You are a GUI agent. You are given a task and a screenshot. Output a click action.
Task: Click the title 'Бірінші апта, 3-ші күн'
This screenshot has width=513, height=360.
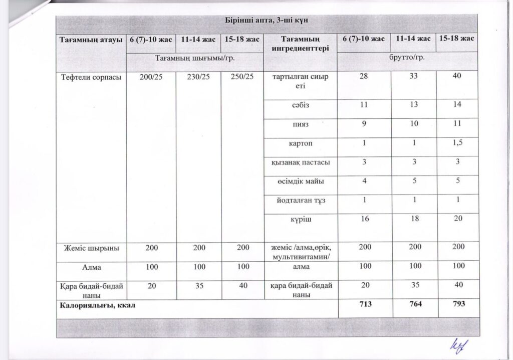(265, 21)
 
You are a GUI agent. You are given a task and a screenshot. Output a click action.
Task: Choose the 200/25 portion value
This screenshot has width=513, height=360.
(150, 78)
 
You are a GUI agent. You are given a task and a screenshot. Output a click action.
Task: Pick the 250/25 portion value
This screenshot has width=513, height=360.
(242, 78)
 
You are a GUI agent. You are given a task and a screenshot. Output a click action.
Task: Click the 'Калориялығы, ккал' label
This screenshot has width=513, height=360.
(98, 304)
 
